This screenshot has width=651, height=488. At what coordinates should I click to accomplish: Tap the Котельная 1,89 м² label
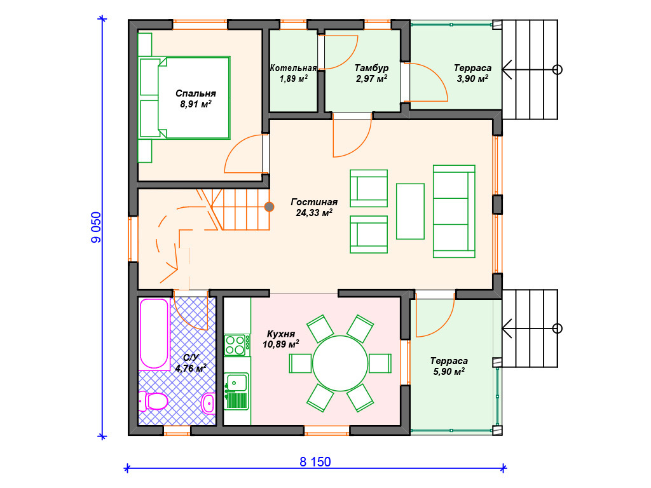tap(294, 73)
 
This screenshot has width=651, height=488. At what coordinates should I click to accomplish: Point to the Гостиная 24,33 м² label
tap(314, 207)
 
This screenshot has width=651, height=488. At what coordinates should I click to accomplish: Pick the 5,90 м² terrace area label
tap(449, 371)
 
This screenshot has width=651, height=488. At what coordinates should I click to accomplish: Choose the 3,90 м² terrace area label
tap(472, 78)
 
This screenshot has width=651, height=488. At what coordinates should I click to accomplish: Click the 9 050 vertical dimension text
tap(96, 227)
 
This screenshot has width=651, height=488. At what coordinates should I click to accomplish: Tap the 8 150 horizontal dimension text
tap(315, 462)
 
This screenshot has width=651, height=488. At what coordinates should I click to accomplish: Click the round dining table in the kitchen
tap(340, 363)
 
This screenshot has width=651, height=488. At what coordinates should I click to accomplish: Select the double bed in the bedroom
tap(185, 98)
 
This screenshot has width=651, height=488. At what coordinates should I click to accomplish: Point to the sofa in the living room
tap(454, 211)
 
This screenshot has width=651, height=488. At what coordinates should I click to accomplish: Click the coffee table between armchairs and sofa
tap(410, 211)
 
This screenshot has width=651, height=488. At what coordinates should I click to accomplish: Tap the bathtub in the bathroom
tap(154, 334)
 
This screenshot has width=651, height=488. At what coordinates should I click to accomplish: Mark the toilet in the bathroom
tap(153, 401)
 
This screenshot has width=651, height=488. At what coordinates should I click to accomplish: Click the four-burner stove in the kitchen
tap(237, 345)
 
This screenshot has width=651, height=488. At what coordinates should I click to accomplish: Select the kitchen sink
tap(236, 383)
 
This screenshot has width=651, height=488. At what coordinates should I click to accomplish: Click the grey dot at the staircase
tap(269, 207)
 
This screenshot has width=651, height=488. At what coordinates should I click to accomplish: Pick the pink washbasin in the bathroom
tap(208, 402)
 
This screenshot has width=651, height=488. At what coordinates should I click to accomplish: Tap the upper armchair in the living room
tap(369, 188)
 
